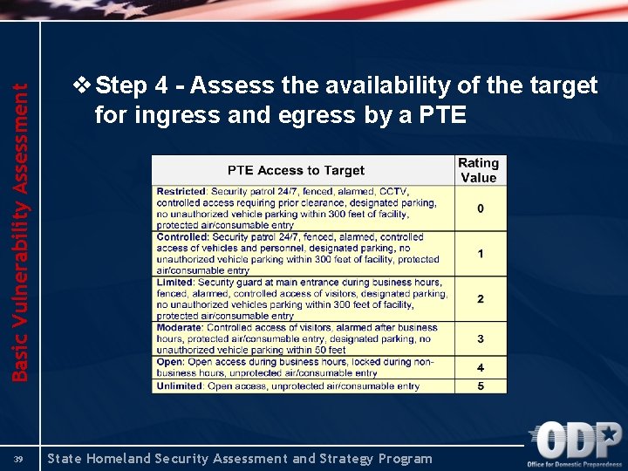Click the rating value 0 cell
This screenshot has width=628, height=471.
tap(480, 208)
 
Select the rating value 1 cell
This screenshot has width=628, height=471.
tap(480, 254)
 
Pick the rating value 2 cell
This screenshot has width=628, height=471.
tap(480, 299)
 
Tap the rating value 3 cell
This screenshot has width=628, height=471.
tap(480, 338)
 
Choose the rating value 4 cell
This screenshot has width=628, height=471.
tap(480, 367)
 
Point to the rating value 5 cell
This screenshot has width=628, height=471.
tap(480, 386)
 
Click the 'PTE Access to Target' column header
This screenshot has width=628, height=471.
tap(296, 170)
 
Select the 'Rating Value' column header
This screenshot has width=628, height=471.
tap(479, 170)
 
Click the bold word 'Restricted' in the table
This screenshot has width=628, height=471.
tap(181, 191)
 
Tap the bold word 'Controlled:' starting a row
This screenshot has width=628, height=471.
tap(182, 236)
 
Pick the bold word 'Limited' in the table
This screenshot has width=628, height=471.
tap(175, 283)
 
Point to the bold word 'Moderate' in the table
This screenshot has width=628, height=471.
tap(180, 328)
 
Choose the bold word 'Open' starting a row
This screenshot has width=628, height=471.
tap(169, 362)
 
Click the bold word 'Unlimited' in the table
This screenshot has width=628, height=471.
tap(180, 386)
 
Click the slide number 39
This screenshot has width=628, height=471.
tap(17, 459)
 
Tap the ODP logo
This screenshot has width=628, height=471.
tap(578, 444)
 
